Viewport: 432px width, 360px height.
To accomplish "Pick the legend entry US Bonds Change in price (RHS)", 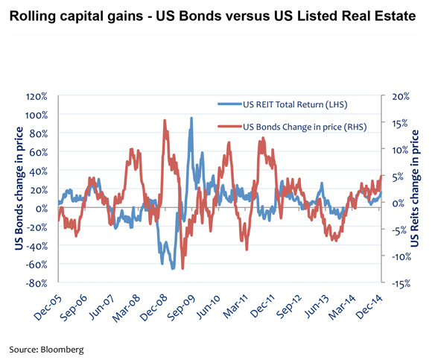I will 301,127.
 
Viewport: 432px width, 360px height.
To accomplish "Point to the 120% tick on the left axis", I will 36,97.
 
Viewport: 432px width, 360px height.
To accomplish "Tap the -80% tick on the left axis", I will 36,283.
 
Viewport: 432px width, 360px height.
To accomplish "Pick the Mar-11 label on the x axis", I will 246,306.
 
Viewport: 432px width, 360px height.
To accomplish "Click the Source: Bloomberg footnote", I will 46,348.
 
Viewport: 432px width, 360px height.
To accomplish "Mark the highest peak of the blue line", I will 191,118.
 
